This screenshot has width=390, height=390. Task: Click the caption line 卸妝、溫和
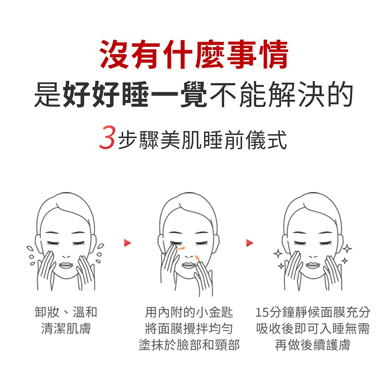(66, 312)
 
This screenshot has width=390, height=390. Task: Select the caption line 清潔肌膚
(66, 328)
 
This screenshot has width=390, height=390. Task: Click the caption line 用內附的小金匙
(189, 312)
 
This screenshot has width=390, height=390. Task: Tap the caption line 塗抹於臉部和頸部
(189, 345)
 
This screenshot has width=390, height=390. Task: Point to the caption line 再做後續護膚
(312, 345)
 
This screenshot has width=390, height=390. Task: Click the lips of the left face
(66, 265)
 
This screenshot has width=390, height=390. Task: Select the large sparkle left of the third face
(278, 253)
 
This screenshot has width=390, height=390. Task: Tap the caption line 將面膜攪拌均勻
(189, 328)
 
